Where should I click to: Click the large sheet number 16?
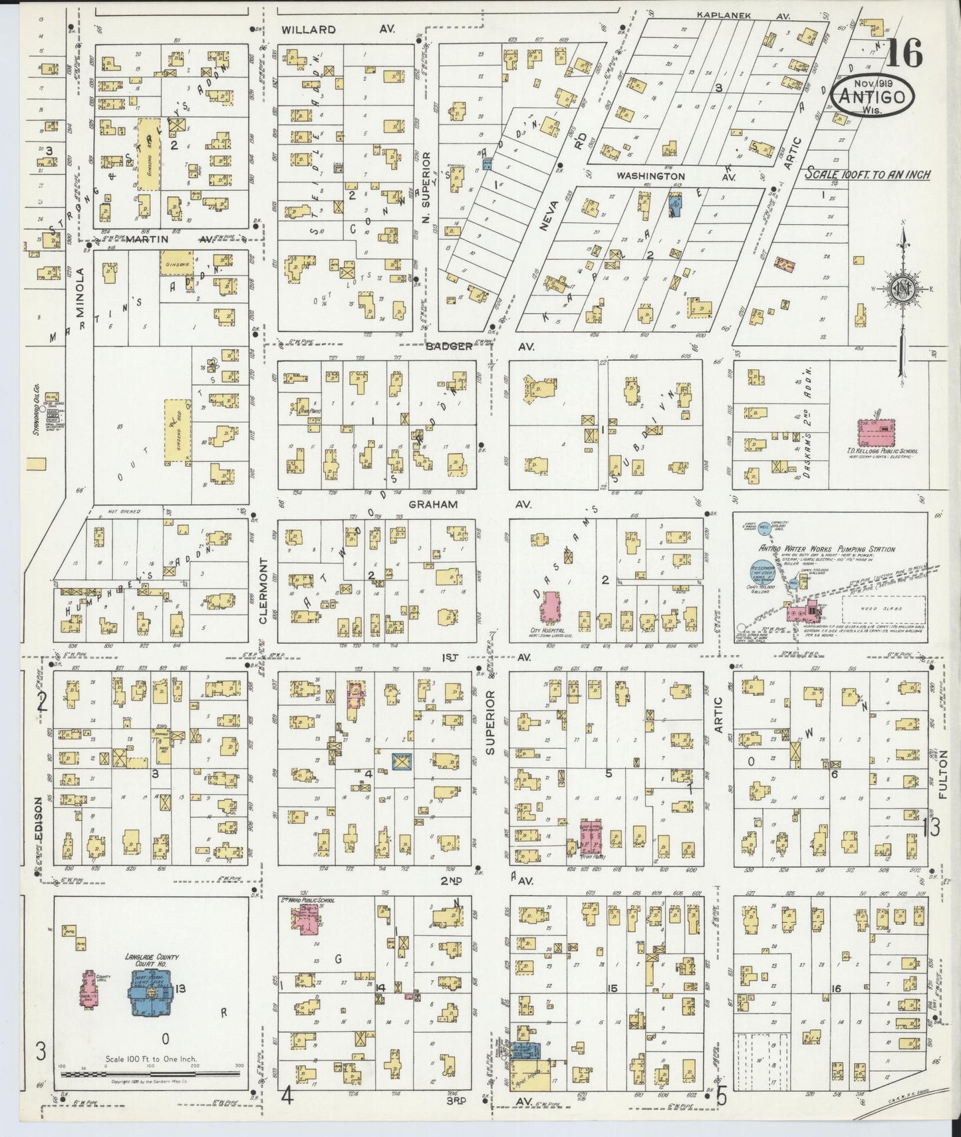(905, 53)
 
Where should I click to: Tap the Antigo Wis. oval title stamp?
(873, 97)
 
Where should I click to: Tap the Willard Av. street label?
(308, 29)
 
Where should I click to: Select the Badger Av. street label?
(449, 346)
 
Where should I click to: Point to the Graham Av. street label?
(433, 504)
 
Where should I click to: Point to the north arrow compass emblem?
(902, 287)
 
